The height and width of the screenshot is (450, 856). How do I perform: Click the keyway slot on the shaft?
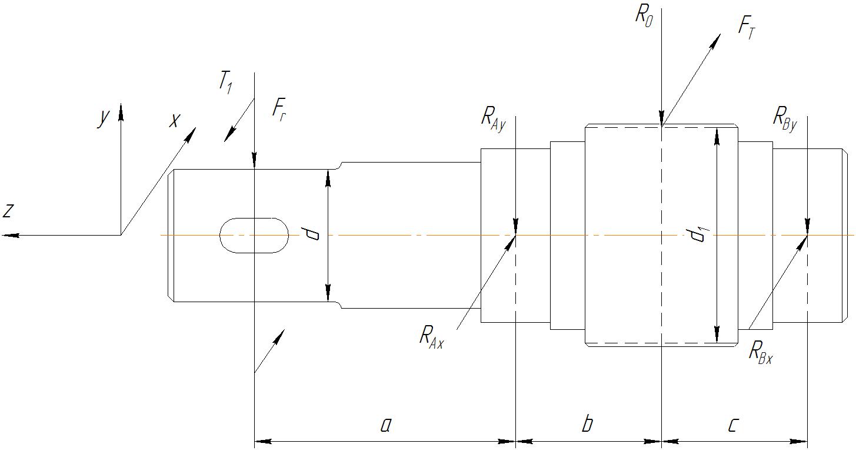click(x=254, y=236)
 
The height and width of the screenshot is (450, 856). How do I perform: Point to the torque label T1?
click(x=225, y=83)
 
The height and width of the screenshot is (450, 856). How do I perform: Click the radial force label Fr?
click(x=279, y=110)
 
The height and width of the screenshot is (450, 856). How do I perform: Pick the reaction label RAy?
click(x=494, y=120)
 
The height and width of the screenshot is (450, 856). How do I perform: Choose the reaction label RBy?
click(x=785, y=120)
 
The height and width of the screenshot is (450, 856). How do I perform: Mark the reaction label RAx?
click(x=431, y=337)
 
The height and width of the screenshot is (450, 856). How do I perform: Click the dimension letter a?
click(x=386, y=425)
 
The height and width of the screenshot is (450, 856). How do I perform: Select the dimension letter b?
click(x=587, y=423)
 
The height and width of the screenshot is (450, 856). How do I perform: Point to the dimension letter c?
click(x=733, y=425)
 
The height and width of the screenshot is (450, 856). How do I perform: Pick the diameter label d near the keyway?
click(x=310, y=233)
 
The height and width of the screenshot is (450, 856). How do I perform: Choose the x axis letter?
click(x=174, y=121)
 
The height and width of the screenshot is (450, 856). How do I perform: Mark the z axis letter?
click(x=8, y=211)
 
